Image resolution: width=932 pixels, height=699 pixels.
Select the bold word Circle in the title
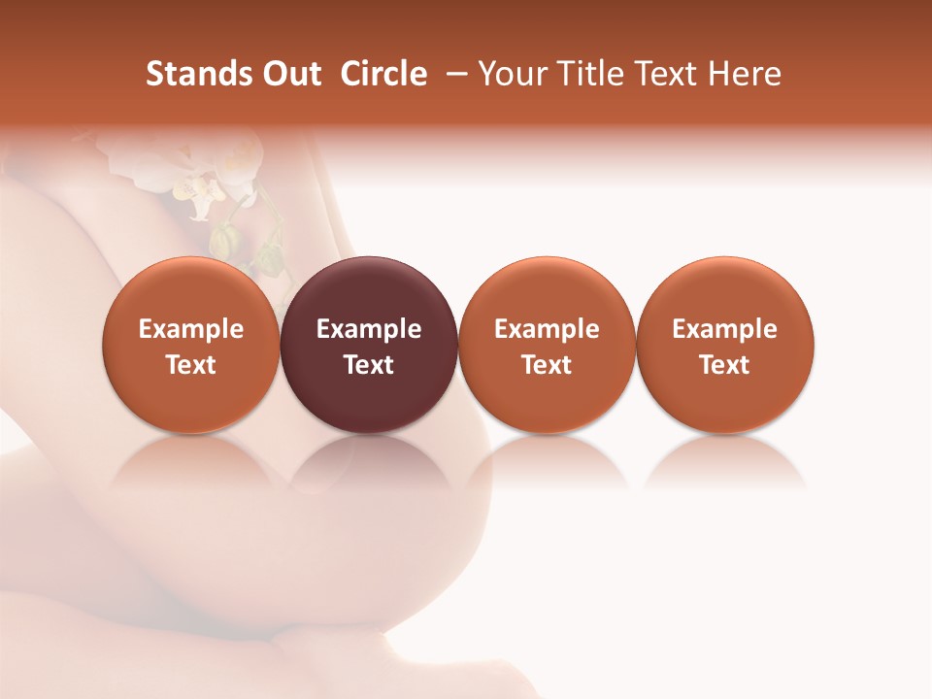pyautogui.click(x=383, y=74)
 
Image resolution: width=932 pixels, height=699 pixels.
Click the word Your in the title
pyautogui.click(x=511, y=74)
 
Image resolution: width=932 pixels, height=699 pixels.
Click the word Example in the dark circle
pyautogui.click(x=369, y=329)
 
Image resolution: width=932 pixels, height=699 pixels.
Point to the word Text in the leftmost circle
pyautogui.click(x=191, y=365)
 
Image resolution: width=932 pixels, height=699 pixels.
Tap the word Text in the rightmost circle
pyautogui.click(x=725, y=365)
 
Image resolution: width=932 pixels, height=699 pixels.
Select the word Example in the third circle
pyautogui.click(x=547, y=329)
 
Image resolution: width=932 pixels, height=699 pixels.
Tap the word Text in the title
pyautogui.click(x=671, y=74)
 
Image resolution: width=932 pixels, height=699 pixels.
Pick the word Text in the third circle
pyautogui.click(x=547, y=365)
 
